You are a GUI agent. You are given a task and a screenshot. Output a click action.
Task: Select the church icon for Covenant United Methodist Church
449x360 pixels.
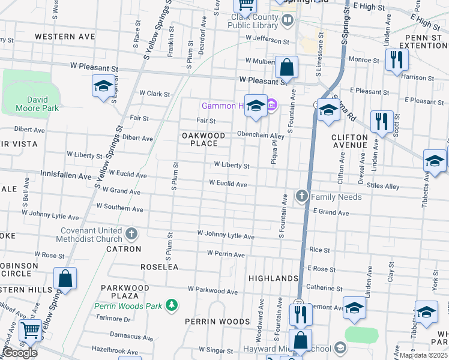click(x=133, y=233)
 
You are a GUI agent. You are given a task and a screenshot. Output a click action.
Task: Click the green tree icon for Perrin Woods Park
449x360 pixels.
click(x=172, y=305)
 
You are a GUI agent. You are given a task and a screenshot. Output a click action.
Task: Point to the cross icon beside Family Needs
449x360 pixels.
click(x=301, y=196)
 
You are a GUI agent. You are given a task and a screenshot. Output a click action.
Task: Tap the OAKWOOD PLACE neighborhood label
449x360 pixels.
click(x=203, y=140)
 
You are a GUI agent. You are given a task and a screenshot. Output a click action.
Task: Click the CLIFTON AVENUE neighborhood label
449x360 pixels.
click(x=349, y=141)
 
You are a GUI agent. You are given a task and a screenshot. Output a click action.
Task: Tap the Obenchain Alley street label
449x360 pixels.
click(x=260, y=134)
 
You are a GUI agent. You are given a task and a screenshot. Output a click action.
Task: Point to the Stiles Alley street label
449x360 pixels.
click(x=384, y=187)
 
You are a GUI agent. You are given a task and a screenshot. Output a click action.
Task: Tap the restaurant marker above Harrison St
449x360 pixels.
click(x=396, y=59)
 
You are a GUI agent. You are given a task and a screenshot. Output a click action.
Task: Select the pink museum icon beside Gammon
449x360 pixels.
click(x=271, y=106)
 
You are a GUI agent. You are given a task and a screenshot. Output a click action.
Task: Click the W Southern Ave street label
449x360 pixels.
click(x=119, y=209)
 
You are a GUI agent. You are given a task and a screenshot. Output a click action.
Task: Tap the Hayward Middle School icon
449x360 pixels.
click(x=340, y=348)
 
